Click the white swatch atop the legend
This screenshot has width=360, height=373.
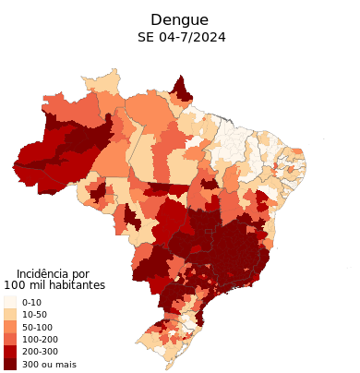pos(9,302)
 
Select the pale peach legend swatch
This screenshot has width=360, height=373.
pos(9,314)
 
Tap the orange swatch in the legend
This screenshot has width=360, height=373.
pos(9,326)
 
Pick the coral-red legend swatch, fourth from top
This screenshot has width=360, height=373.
pos(9,339)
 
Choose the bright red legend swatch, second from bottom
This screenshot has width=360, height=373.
pos(9,351)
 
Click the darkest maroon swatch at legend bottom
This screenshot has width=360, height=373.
pos(9,363)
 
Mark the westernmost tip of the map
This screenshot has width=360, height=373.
pos(14,166)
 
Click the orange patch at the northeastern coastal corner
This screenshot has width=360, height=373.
pos(294,152)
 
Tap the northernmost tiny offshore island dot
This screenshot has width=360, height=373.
pos(324,140)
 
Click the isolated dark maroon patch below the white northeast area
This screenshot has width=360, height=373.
pos(210,184)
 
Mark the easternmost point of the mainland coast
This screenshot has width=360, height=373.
pos(306,172)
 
